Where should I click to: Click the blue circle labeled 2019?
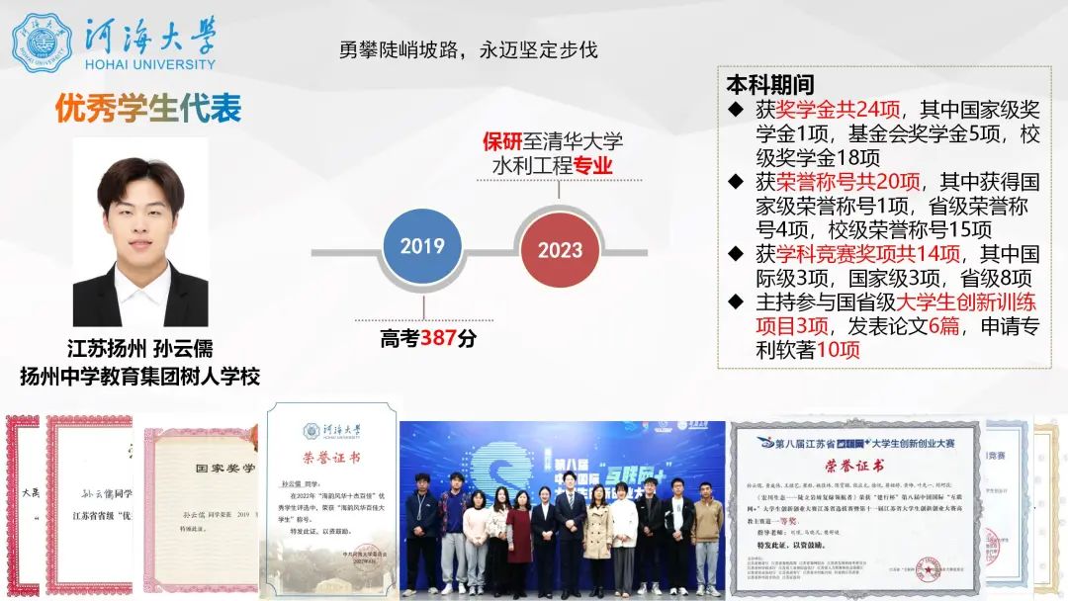422,246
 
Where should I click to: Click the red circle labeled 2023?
560,250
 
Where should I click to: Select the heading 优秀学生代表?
148,108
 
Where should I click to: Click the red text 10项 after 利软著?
839,350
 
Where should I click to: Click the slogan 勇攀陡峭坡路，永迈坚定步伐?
469,49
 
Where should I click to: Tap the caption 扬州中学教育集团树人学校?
140,376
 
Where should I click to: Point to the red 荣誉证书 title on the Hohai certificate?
331,458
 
